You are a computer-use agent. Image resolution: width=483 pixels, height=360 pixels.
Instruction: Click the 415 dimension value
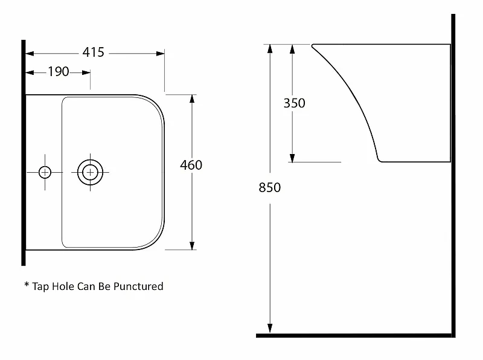(94, 53)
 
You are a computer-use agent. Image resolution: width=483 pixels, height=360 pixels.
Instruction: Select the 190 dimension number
(58, 71)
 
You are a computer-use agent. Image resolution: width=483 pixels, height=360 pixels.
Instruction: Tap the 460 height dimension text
(191, 166)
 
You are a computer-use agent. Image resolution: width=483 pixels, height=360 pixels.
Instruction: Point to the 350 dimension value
(295, 103)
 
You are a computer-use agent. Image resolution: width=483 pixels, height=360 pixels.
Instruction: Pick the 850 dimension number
(270, 187)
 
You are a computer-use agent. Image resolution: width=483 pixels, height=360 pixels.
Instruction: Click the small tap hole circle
(45, 172)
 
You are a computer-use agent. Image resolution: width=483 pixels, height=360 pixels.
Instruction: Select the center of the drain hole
(90, 172)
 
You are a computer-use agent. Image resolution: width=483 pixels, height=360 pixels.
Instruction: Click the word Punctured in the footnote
(138, 287)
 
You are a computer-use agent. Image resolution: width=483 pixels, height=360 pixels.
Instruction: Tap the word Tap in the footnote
(40, 287)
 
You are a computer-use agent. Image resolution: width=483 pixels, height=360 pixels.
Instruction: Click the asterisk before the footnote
(27, 284)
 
